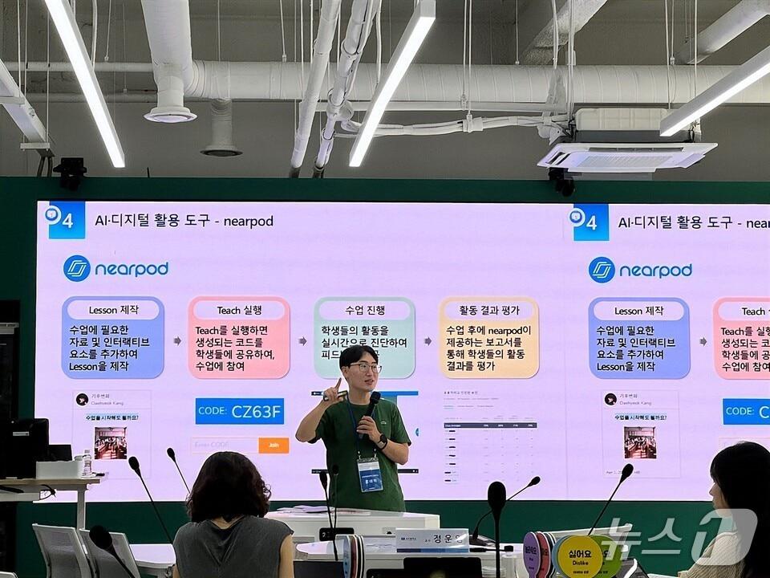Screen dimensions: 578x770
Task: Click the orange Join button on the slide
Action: click(x=274, y=445)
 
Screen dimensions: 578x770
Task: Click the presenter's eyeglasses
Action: click(x=365, y=368)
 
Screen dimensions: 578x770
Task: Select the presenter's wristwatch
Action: click(x=383, y=440)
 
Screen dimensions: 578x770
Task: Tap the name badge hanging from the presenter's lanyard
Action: click(x=370, y=474)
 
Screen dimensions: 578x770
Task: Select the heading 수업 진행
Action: click(x=365, y=310)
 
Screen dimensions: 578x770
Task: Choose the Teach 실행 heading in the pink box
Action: click(x=240, y=310)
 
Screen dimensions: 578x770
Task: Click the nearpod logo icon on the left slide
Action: click(x=77, y=268)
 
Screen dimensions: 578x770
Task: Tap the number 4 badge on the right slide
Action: click(x=590, y=222)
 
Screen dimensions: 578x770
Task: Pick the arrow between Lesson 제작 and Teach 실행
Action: click(x=176, y=340)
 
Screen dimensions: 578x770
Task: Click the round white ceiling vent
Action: click(x=170, y=114)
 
